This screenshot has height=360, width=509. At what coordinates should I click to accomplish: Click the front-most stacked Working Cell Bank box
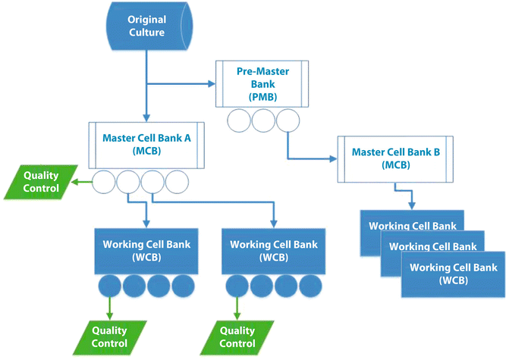click(x=453, y=273)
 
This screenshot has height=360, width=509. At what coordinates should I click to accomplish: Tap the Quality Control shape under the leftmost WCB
click(x=109, y=337)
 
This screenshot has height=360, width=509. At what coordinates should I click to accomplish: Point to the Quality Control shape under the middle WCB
click(x=237, y=337)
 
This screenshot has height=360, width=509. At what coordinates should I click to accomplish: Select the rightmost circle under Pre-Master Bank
click(x=287, y=121)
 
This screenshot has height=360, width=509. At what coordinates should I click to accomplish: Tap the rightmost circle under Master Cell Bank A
click(x=177, y=182)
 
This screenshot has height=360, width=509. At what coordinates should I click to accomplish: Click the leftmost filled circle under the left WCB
click(x=110, y=287)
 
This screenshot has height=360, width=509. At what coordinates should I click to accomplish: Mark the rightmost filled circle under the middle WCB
click(x=310, y=287)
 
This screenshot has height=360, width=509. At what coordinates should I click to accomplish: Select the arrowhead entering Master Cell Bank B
click(x=333, y=158)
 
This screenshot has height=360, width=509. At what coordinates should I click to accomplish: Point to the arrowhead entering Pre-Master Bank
click(x=213, y=83)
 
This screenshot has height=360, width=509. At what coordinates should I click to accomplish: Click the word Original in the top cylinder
click(x=146, y=19)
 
